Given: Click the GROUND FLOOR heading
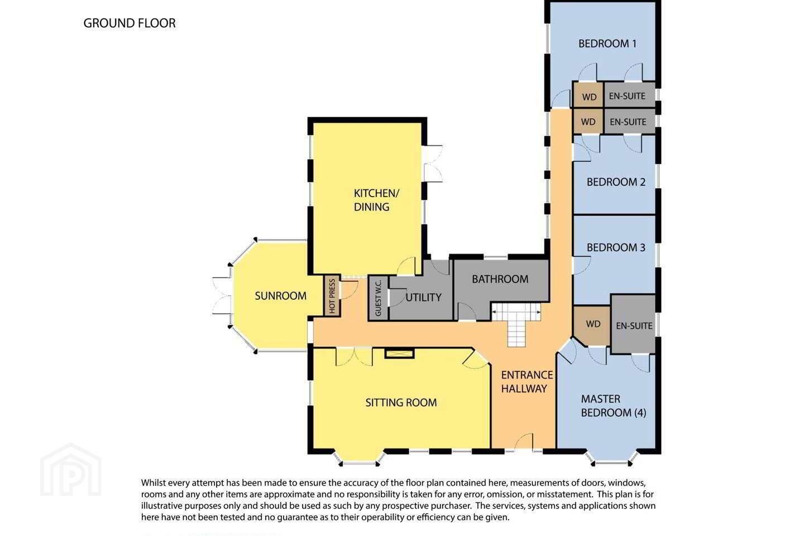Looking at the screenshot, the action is (129, 23).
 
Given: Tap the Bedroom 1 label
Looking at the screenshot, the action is (607, 44).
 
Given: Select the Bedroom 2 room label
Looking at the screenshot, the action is (616, 182).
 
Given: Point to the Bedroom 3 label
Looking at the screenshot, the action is (616, 247).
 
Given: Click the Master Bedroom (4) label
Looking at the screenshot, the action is (614, 406).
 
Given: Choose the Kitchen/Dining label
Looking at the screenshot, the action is (376, 200).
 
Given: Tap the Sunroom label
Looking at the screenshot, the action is (281, 296).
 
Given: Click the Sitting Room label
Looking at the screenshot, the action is (401, 403).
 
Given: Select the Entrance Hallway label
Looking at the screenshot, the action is (527, 382).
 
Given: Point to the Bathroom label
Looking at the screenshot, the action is (500, 279).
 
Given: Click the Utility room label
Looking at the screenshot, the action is (424, 297).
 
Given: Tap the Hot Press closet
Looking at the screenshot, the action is (332, 296).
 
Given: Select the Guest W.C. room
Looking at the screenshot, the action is (378, 298).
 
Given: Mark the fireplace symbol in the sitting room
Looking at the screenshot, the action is (400, 353).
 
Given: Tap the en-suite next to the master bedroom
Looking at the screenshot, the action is (634, 324).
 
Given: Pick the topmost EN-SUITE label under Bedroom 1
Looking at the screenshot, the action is (627, 96).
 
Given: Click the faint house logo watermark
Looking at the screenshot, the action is (71, 470).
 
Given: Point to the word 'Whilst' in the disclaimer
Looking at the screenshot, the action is (154, 482).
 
